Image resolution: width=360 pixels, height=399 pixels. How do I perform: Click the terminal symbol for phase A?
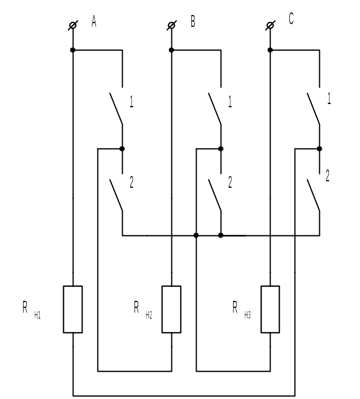[73, 25]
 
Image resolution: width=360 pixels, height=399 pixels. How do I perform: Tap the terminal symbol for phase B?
[171, 25]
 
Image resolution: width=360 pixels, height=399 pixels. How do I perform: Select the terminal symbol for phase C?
[270, 25]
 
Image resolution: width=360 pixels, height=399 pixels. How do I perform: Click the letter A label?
[94, 21]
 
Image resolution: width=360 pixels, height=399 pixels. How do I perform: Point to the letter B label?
[193, 21]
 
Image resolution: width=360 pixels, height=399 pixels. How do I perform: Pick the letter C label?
[291, 18]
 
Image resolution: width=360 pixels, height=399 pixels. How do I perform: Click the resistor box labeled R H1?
[73, 309]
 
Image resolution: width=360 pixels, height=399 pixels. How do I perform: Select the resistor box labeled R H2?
[171, 309]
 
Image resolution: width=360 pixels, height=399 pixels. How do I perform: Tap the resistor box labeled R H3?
[270, 309]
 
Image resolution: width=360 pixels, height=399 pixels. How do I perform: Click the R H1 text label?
[32, 310]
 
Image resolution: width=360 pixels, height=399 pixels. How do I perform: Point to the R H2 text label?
[143, 310]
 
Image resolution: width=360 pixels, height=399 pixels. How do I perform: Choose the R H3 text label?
[242, 310]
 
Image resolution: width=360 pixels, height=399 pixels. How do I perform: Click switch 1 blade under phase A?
[116, 109]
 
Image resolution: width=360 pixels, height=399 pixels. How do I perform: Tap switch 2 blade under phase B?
[215, 195]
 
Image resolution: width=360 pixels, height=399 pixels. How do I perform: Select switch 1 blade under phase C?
[313, 109]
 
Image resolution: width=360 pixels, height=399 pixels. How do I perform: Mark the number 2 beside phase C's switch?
[328, 176]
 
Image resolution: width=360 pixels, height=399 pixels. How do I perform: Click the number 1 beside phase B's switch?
[230, 102]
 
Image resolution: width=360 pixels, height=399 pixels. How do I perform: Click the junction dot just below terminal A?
[73, 50]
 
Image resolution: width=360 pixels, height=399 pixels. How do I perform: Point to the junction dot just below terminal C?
[270, 50]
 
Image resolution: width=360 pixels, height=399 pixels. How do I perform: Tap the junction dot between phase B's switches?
[221, 149]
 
